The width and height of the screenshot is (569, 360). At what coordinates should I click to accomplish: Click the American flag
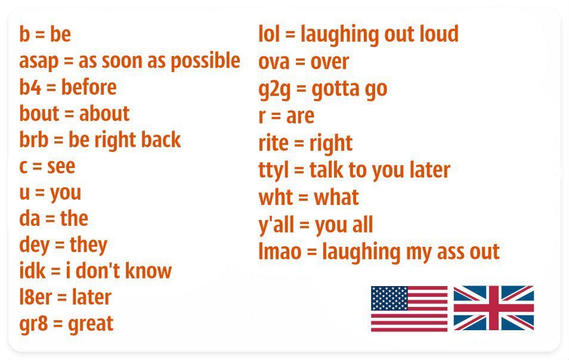[x=409, y=308]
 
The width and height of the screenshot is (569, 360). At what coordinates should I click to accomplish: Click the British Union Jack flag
[x=493, y=308]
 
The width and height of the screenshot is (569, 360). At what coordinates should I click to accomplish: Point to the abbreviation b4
[x=29, y=88]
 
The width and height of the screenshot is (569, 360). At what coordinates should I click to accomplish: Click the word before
[x=89, y=88]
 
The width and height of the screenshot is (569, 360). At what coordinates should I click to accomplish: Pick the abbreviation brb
[x=33, y=140]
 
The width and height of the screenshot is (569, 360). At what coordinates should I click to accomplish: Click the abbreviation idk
[x=31, y=271]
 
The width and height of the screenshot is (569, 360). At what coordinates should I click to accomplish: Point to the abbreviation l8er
[x=35, y=297]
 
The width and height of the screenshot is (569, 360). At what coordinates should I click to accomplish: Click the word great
[x=91, y=324]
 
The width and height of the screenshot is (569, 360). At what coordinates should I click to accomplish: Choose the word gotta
[x=335, y=89]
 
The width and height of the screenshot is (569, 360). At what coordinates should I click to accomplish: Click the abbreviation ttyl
[x=273, y=170]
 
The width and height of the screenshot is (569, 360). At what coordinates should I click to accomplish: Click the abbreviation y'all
[x=278, y=225]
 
